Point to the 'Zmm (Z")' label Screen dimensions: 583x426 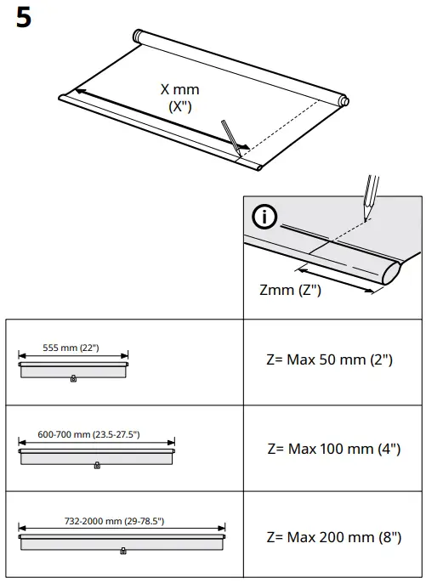pyautogui.click(x=290, y=290)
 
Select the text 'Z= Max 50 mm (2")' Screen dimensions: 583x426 pyautogui.click(x=329, y=359)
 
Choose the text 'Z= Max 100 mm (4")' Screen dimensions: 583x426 pyautogui.click(x=332, y=449)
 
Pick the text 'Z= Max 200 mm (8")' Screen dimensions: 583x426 pyautogui.click(x=332, y=537)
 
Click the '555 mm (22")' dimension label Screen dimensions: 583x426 pyautogui.click(x=73, y=348)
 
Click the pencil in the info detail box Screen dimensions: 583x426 pyautogui.click(x=370, y=194)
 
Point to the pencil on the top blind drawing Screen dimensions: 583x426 pyautogui.click(x=231, y=134)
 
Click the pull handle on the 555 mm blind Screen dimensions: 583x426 pyautogui.click(x=73, y=378)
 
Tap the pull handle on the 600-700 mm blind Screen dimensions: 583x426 pyautogui.click(x=96, y=465)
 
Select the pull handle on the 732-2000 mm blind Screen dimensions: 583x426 pyautogui.click(x=123, y=552)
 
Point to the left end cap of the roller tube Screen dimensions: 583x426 pyautogui.click(x=139, y=37)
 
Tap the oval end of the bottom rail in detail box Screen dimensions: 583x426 pyautogui.click(x=391, y=273)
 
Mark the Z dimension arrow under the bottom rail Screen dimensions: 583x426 pyautogui.click(x=336, y=280)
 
